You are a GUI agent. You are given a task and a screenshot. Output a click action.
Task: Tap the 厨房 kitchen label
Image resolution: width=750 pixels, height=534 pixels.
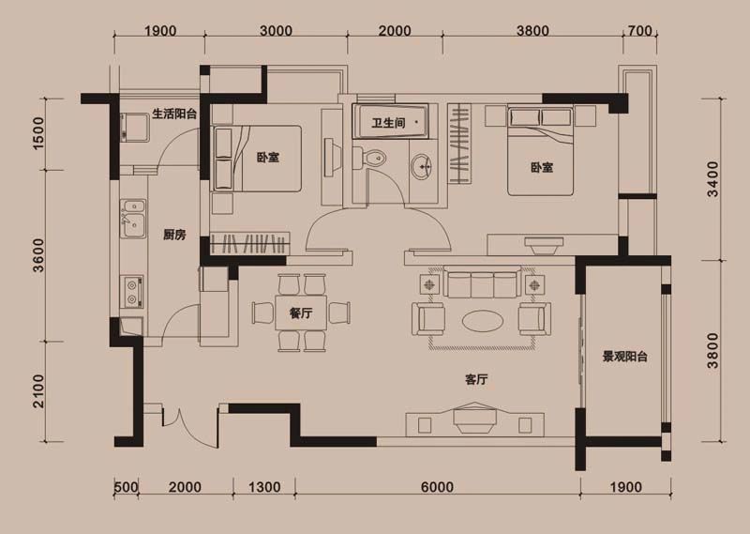tap(174, 235)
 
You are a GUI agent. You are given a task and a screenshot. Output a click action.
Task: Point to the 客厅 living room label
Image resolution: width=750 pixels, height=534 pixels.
tap(478, 380)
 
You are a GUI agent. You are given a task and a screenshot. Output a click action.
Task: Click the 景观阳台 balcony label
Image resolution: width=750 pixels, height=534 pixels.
tap(626, 357)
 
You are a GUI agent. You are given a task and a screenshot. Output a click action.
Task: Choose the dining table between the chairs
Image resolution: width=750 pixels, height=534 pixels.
tap(301, 313)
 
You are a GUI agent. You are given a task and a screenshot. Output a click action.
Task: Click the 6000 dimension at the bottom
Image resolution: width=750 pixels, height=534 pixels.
tap(437, 487)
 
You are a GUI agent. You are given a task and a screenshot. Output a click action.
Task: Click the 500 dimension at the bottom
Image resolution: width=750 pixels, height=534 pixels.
tap(127, 487)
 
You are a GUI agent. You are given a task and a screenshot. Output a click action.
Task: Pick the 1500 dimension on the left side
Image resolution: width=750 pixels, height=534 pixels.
tap(38, 135)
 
